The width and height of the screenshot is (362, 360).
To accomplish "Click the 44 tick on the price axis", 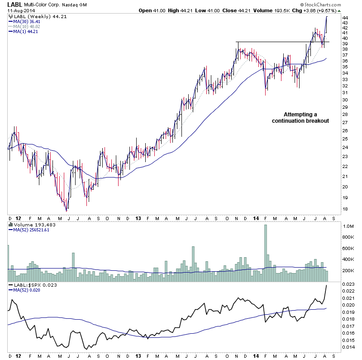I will [x=345, y=18].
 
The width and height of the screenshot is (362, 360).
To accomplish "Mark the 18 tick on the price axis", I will [x=345, y=209].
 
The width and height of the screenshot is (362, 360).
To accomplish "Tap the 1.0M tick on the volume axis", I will [x=348, y=226].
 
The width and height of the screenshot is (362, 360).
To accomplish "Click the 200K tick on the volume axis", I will [x=348, y=270].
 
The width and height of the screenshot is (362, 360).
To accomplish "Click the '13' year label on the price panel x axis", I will [x=138, y=218].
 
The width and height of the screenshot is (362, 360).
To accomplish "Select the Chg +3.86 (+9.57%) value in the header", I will [x=316, y=10].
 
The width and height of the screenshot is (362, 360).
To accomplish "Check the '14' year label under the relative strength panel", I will [x=257, y=356].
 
